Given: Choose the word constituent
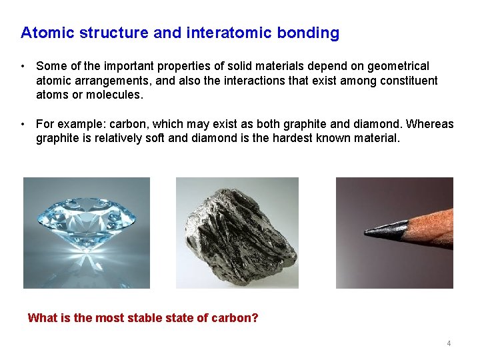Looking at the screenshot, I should click(x=407, y=81).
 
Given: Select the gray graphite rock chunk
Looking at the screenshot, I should click(x=237, y=233).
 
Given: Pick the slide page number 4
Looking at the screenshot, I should click(x=449, y=343).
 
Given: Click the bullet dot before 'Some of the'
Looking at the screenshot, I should click(x=23, y=67).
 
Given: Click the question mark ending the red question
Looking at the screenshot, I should click(x=255, y=318).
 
